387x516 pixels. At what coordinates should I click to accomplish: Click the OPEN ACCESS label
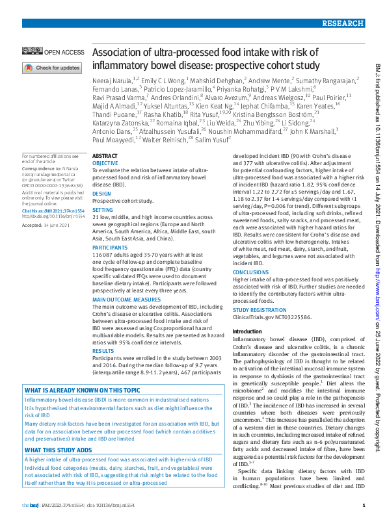click(x=64, y=52)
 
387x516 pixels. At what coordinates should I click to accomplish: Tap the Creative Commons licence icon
click(x=33, y=52)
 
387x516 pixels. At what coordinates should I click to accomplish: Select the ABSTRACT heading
click(x=105, y=157)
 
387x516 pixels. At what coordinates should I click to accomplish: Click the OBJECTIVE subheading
click(x=105, y=164)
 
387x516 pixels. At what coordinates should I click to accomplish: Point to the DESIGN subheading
click(x=101, y=194)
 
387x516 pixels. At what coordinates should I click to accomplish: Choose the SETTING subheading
click(x=103, y=211)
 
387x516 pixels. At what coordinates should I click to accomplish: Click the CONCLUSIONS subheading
click(x=252, y=273)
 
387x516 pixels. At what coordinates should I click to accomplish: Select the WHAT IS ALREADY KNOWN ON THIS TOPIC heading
click(x=82, y=391)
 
